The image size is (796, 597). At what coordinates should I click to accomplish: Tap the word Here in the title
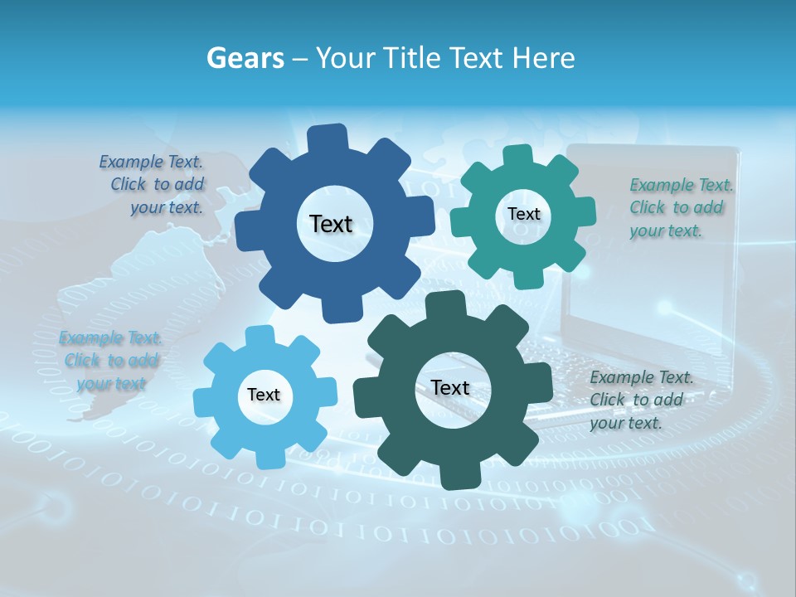click(x=545, y=58)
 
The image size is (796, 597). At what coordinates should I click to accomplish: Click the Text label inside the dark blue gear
click(x=331, y=224)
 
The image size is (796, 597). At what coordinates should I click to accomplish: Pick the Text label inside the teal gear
click(x=523, y=214)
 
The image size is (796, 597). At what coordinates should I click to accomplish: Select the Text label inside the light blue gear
click(x=264, y=395)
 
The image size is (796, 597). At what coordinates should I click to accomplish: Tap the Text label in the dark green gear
click(x=450, y=387)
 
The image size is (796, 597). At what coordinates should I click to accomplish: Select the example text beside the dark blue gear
click(x=153, y=185)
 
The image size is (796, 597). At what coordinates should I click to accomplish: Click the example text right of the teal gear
click(x=680, y=207)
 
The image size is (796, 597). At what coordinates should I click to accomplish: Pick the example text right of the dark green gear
click(x=640, y=400)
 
